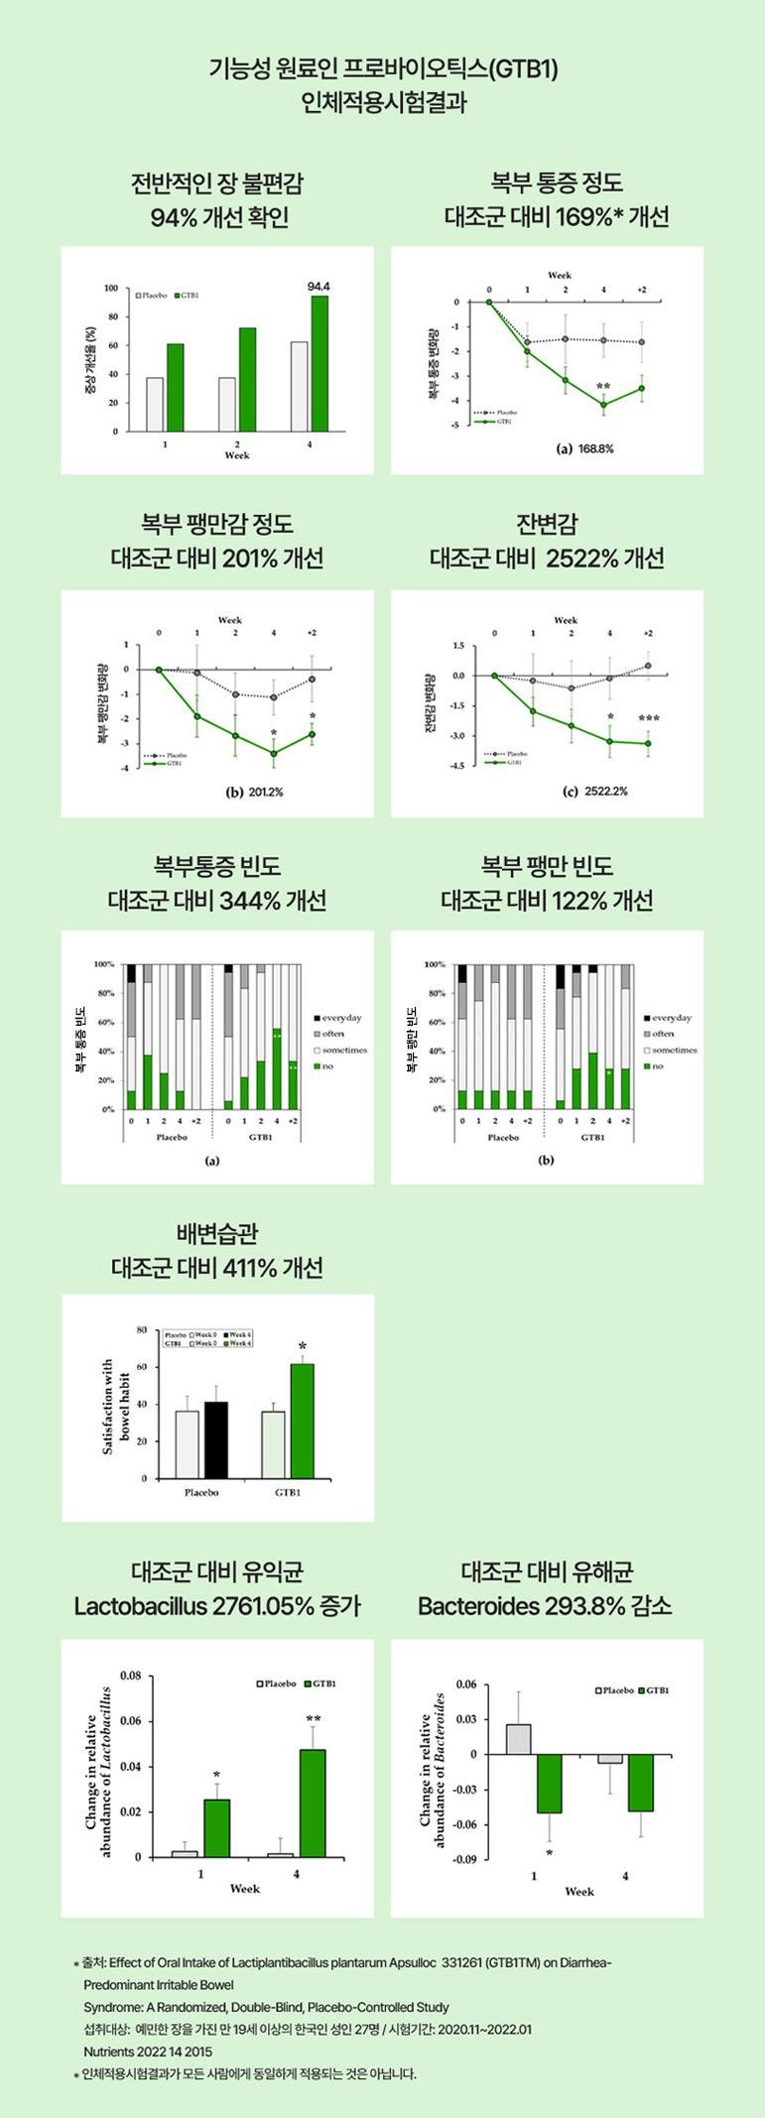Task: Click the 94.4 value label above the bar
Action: [319, 287]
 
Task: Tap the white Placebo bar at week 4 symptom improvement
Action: [299, 387]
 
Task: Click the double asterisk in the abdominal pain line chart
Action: [603, 387]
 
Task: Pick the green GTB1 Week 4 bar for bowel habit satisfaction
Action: [302, 1421]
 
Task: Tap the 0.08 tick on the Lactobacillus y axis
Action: [130, 1675]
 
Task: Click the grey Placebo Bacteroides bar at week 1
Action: [518, 1739]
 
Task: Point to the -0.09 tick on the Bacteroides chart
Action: [464, 1860]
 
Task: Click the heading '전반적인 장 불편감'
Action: [217, 184]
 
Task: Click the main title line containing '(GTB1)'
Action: [383, 69]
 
